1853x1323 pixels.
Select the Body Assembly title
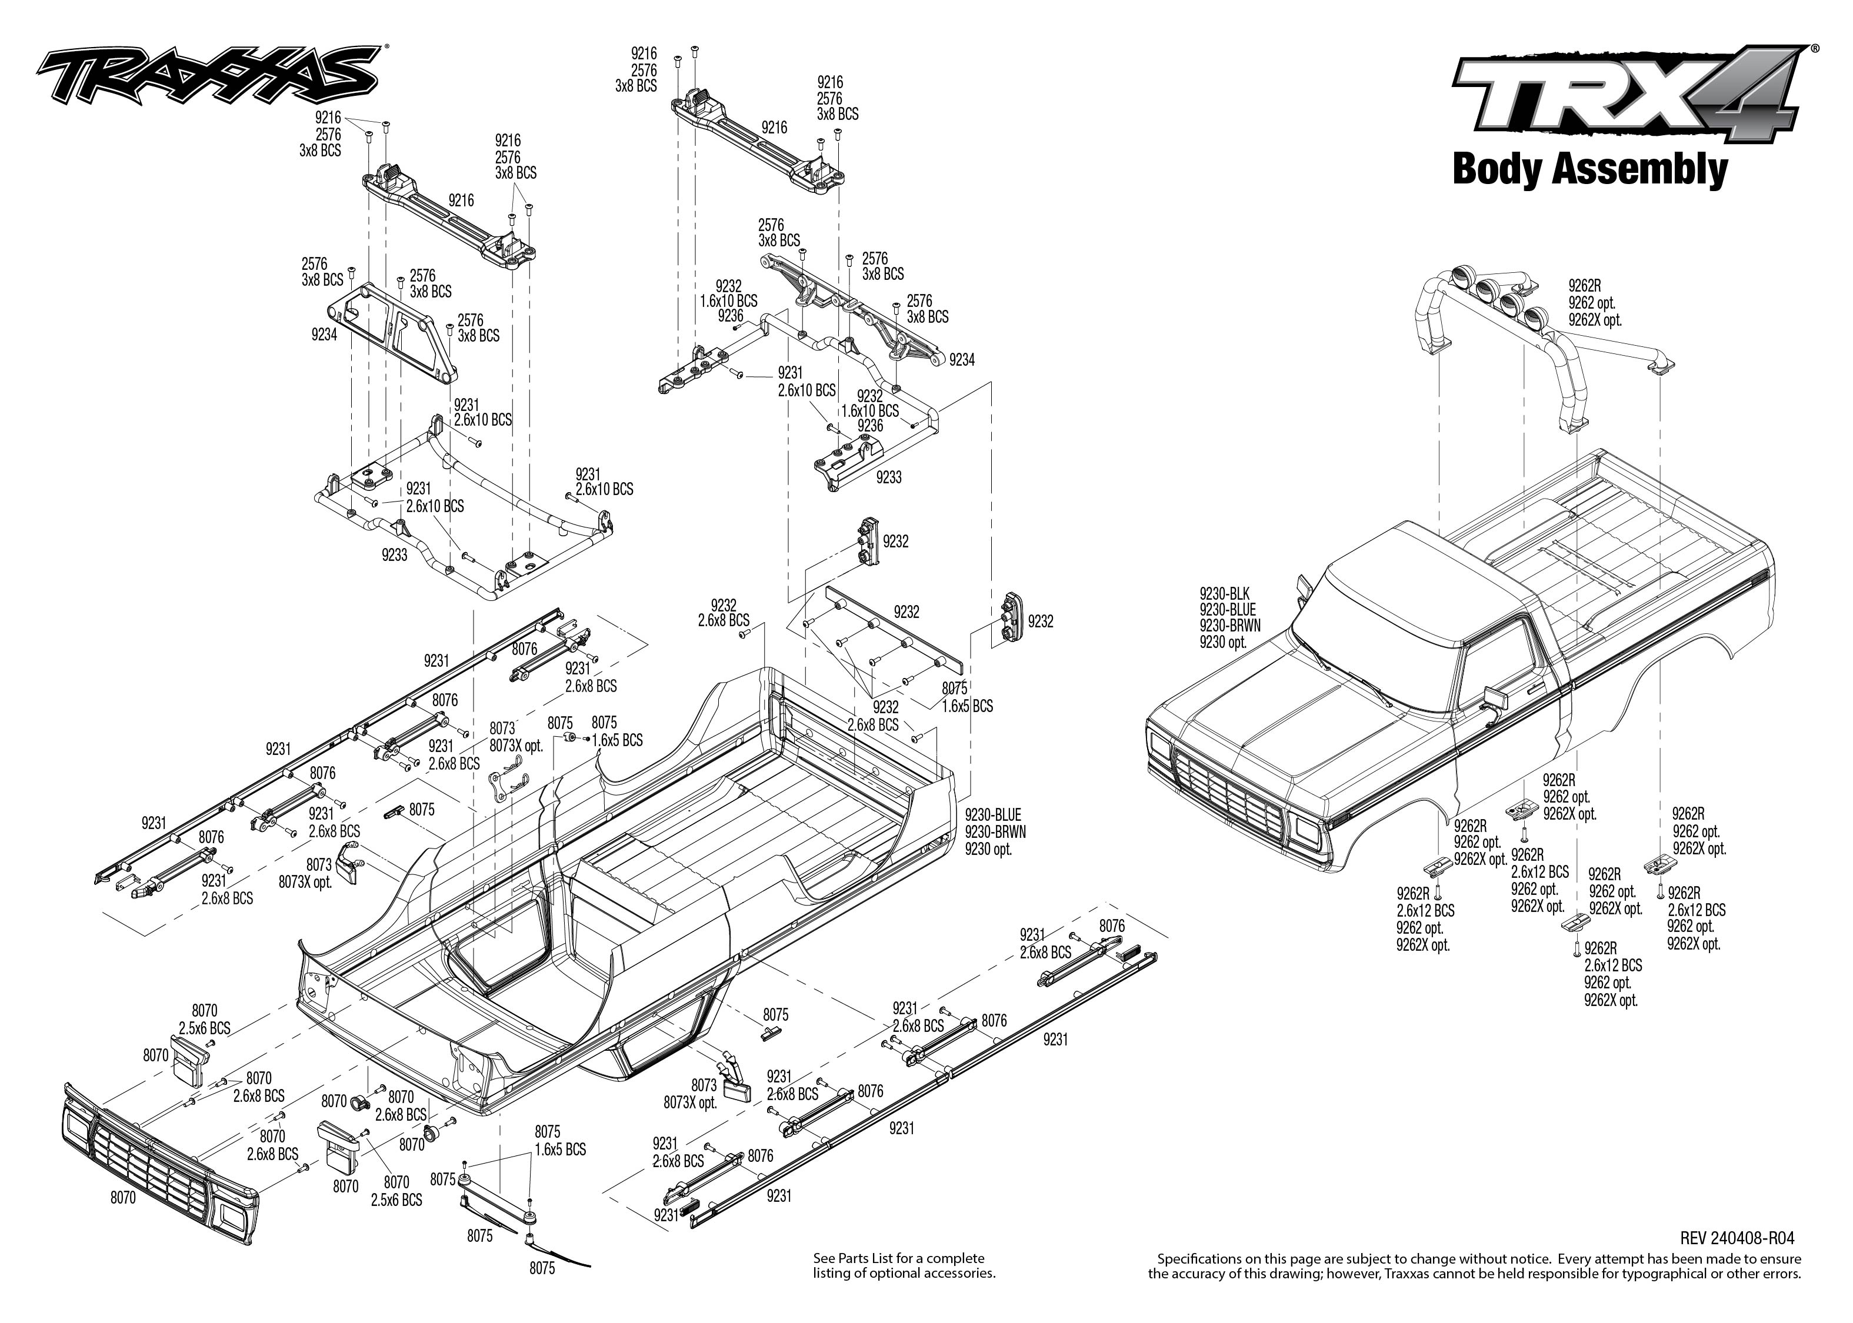[1589, 169]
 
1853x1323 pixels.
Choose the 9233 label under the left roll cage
[394, 555]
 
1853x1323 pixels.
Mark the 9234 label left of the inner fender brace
[324, 335]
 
